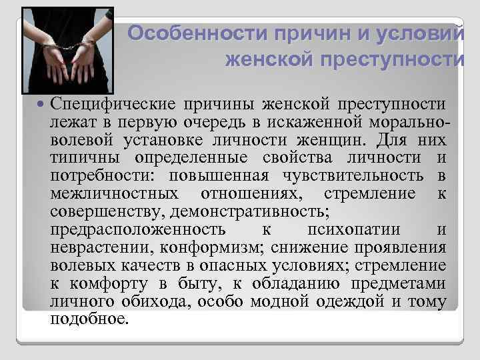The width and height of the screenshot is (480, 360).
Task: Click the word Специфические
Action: pyautogui.click(x=112, y=105)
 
